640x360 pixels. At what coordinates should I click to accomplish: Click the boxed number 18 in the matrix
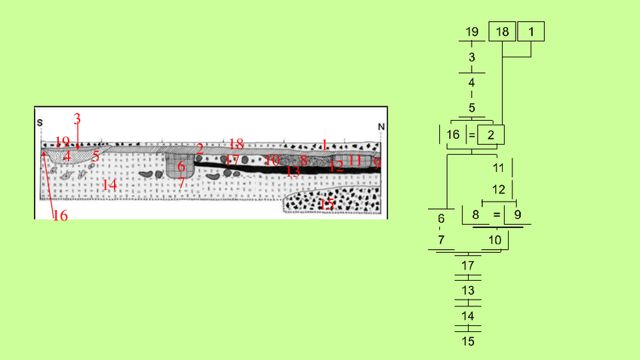[x=502, y=32]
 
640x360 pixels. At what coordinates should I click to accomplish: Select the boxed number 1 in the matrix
[x=531, y=32]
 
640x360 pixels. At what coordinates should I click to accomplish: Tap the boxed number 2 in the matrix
[x=491, y=135]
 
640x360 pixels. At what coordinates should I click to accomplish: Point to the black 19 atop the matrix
[x=472, y=32]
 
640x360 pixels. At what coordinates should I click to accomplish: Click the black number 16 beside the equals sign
[x=453, y=135]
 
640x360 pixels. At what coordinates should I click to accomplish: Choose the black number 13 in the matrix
[x=468, y=291]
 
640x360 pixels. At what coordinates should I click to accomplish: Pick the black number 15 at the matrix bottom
[x=468, y=341]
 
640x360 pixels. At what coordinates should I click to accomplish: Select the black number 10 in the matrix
[x=494, y=241]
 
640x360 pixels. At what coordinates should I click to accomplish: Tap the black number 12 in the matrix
[x=499, y=189]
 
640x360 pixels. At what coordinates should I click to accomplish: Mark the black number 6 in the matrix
[x=441, y=218]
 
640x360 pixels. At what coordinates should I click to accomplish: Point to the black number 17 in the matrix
[x=468, y=266]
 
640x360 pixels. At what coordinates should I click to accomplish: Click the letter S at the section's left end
[x=40, y=122]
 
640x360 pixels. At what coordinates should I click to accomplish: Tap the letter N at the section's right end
[x=381, y=126]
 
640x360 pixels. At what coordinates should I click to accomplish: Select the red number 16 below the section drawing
[x=60, y=216]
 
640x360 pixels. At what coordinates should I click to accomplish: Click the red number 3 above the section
[x=77, y=118]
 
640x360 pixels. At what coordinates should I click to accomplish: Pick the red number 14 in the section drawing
[x=110, y=185]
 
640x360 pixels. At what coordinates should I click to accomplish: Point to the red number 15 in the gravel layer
[x=327, y=203]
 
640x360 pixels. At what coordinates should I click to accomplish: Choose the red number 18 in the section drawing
[x=235, y=143]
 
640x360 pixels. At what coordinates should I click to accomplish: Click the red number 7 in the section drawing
[x=181, y=183]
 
